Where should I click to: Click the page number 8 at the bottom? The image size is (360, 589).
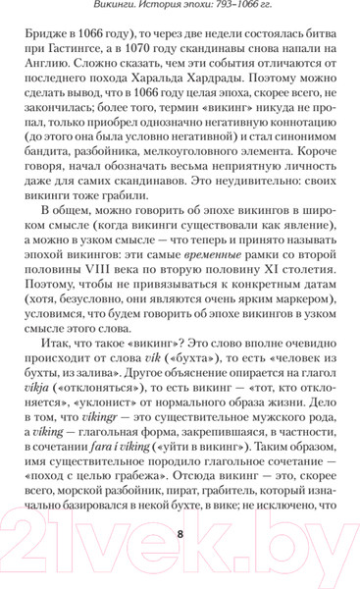(180, 534)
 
